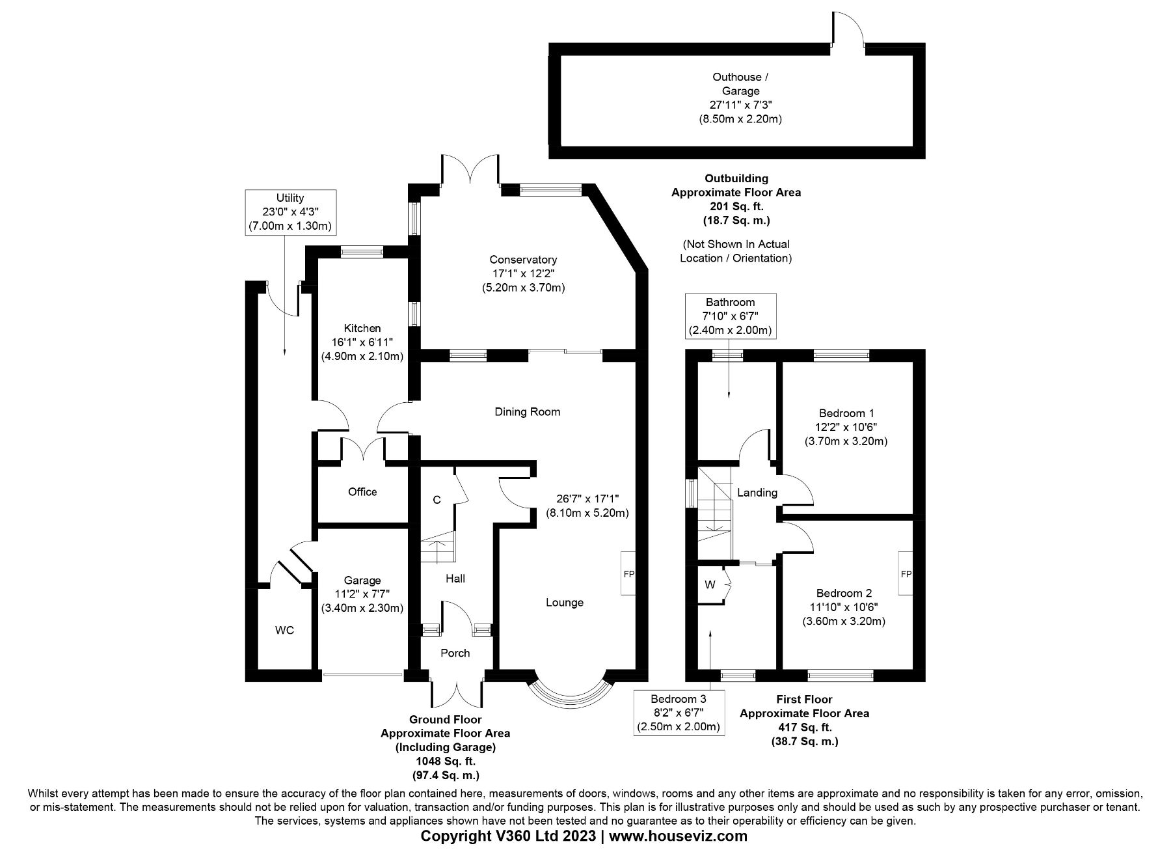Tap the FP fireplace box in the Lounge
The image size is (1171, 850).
click(x=628, y=573)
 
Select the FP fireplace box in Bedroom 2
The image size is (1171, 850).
click(x=906, y=573)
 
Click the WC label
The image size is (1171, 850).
click(x=284, y=630)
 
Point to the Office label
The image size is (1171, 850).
click(x=362, y=491)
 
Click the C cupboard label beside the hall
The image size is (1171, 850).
click(x=437, y=500)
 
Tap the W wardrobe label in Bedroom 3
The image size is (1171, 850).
click(x=710, y=584)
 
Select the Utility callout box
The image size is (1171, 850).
click(x=290, y=212)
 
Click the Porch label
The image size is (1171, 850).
click(x=455, y=653)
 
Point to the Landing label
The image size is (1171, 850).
click(x=757, y=493)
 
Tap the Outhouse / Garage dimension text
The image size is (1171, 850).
click(x=740, y=105)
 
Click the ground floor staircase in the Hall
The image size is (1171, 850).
click(x=437, y=545)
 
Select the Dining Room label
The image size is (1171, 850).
click(x=527, y=411)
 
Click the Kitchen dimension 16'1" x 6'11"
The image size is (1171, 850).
click(x=362, y=342)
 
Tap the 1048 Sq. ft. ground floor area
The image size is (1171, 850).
click(x=446, y=761)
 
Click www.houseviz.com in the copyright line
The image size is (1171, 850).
click(x=678, y=836)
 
